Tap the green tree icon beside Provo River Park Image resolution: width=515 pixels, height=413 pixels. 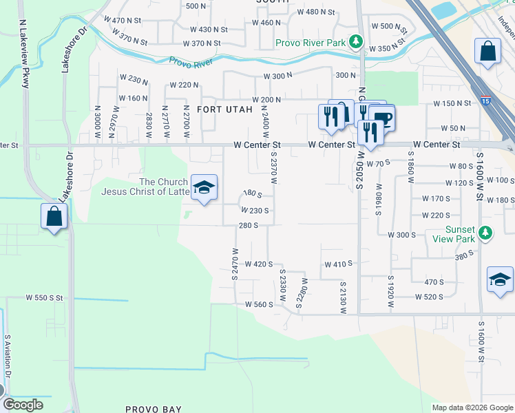point(356,43)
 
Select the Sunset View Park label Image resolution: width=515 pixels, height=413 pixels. point(452,234)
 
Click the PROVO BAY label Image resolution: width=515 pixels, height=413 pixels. point(154,409)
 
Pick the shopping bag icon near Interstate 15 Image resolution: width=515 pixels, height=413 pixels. point(488,51)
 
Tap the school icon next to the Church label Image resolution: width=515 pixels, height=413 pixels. point(204,187)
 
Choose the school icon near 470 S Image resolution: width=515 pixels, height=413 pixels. point(500,279)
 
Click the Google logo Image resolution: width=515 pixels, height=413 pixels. point(23,405)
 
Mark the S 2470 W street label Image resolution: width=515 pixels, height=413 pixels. point(235,262)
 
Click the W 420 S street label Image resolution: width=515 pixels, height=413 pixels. point(259,264)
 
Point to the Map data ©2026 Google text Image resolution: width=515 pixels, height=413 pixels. point(472,407)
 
